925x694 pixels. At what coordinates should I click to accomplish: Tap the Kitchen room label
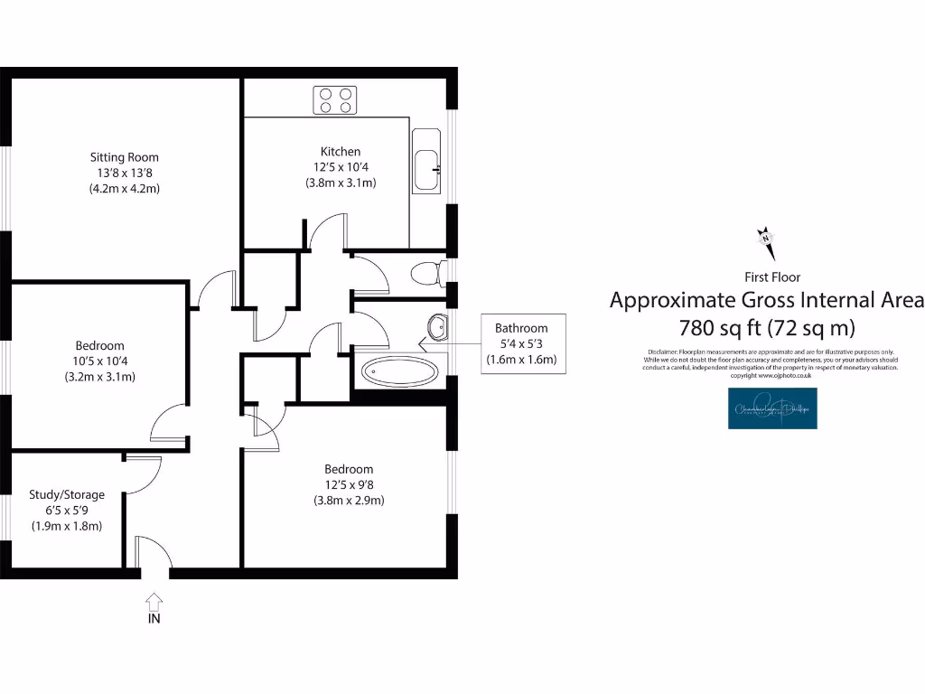tap(341, 152)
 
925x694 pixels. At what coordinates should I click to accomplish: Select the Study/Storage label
tap(67, 494)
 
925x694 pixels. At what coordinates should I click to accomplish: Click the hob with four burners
tap(335, 99)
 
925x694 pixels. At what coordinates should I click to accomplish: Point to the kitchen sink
tap(426, 161)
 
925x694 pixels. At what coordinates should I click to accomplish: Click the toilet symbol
tap(425, 272)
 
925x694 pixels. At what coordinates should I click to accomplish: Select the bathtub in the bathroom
tap(402, 370)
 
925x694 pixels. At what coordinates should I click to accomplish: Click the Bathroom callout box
tap(521, 343)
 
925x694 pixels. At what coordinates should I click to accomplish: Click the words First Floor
tap(771, 277)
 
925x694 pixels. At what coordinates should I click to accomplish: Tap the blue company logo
tap(772, 408)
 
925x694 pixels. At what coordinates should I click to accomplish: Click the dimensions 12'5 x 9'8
tap(350, 484)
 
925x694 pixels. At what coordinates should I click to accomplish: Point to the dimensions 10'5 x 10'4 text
tap(99, 361)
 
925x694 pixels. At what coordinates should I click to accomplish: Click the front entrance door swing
tap(152, 553)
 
